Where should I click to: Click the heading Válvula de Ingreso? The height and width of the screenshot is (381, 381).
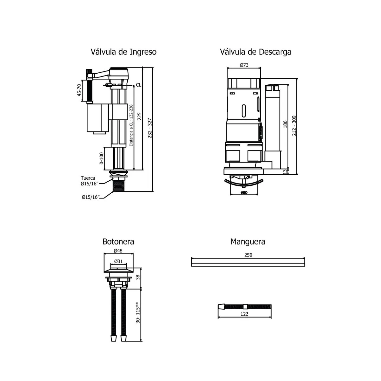coord(124,52)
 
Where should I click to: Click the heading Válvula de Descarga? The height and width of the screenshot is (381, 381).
coord(256,52)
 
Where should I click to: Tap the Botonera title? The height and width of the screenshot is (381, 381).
coord(118,242)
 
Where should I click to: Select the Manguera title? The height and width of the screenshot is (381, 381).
coord(248,242)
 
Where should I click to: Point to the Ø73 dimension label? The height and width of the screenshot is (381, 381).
coord(244,65)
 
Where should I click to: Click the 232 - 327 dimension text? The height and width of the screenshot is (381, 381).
coord(150,128)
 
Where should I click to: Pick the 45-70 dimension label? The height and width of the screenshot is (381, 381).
coord(79,90)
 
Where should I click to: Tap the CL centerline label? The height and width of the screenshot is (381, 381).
coord(138,85)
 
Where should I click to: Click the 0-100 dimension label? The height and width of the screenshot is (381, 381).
coord(101,158)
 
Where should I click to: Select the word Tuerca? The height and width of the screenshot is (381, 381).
coord(88,178)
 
